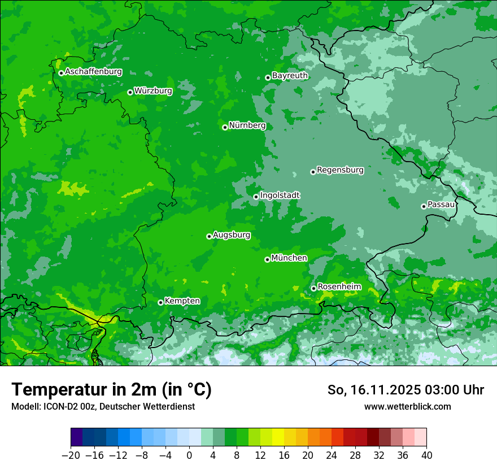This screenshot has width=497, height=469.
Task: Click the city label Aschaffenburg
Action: pyautogui.click(x=93, y=72)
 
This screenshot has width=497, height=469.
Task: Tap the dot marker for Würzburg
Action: pyautogui.click(x=130, y=92)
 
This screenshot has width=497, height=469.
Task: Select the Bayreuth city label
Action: pyautogui.click(x=290, y=76)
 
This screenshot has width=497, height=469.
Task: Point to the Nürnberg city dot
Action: pyautogui.click(x=225, y=127)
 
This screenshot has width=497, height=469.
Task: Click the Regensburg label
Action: pyautogui.click(x=340, y=170)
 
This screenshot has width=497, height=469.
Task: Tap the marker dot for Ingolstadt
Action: pyautogui.click(x=256, y=197)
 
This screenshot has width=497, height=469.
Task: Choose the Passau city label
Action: pyautogui.click(x=441, y=205)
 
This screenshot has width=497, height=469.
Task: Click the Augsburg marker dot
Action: pyautogui.click(x=209, y=236)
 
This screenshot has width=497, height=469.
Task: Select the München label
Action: pyautogui.click(x=289, y=258)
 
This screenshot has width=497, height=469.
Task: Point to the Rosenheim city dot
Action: pyautogui.click(x=313, y=289)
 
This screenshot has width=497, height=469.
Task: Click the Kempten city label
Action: pyautogui.click(x=182, y=301)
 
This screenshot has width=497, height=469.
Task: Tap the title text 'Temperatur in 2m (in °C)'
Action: pyautogui.click(x=111, y=390)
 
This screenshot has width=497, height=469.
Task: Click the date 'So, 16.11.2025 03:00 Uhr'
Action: pyautogui.click(x=406, y=390)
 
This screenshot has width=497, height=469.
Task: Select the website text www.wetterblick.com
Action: pyautogui.click(x=407, y=407)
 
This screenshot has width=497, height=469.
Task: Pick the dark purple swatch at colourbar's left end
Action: pyautogui.click(x=77, y=437)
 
